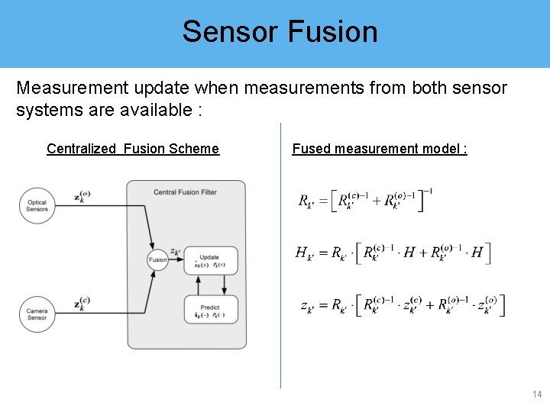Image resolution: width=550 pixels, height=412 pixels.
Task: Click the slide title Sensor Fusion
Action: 280,32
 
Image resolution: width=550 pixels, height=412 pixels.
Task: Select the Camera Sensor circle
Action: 37,314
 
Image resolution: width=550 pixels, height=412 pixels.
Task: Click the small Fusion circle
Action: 158,259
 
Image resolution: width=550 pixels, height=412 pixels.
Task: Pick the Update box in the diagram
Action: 210,260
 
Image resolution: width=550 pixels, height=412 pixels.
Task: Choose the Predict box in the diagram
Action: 210,308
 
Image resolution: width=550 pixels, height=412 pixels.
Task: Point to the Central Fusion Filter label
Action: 185,192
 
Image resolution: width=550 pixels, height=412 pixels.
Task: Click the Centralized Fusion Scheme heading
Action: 132,149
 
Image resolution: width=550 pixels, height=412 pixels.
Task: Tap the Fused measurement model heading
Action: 380,149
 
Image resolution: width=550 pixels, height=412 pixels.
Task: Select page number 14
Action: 535,394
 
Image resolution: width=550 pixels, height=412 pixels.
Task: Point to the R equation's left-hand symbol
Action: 306,203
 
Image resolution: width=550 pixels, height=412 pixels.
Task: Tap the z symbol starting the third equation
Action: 307,307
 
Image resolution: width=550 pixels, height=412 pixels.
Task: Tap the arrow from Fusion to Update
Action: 176,259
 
